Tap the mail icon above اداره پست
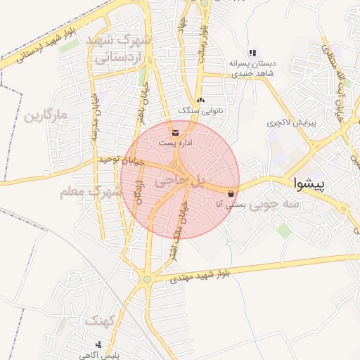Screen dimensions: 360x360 coord(175,132)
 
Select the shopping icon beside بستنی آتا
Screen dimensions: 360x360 coord(231,193)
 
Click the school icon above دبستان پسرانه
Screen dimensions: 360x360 coord(252,53)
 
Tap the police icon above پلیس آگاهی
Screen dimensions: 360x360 coord(98,345)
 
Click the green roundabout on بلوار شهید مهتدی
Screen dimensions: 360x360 coord(147,279)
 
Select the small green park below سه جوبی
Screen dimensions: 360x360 coord(283,230)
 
